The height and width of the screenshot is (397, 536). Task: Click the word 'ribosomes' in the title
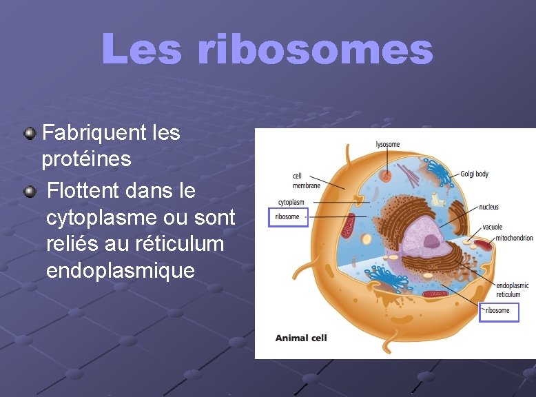tap(315, 50)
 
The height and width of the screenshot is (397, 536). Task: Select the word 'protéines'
tap(86, 159)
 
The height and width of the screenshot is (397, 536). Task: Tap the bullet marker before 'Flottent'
tap(30, 190)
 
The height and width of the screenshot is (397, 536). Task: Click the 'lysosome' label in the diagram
tap(387, 145)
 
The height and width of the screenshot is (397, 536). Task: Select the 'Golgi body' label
tap(474, 174)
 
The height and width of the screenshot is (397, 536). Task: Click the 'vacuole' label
tap(492, 227)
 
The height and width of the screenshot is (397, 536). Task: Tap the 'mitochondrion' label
tap(513, 238)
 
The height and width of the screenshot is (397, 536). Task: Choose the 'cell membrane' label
tap(306, 181)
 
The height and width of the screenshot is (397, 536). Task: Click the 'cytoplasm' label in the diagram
tap(291, 203)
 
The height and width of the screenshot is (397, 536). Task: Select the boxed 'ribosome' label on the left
tap(287, 217)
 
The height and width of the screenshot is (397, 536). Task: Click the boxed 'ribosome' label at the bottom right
tap(497, 311)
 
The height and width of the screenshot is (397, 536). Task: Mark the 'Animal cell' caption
tap(301, 338)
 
